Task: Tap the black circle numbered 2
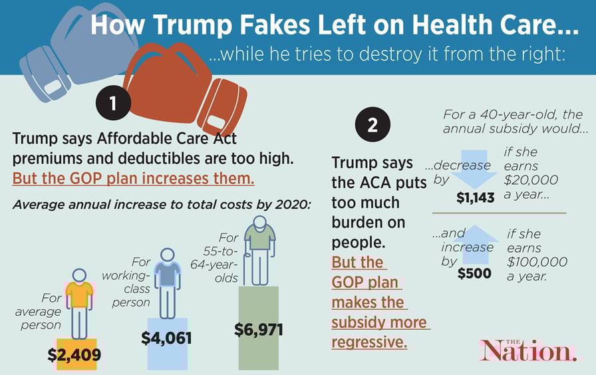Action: (372, 124)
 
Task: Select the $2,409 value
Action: (74, 355)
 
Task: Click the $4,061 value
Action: (166, 338)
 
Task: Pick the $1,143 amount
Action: (475, 197)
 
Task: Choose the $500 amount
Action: (474, 273)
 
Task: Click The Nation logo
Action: (528, 350)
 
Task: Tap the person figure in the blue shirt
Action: (166, 283)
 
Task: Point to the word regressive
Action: (369, 342)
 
